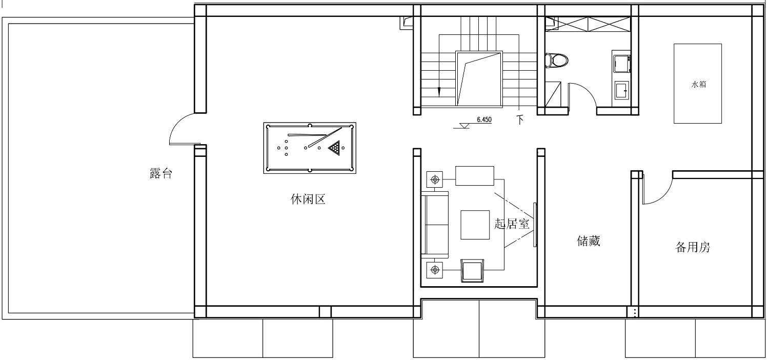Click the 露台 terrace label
coord(160,173)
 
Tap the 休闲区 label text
coord(308,199)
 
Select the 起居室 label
coord(512,224)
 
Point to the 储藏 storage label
coord(589,241)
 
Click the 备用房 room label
coord(693,247)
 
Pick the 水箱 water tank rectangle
coord(698,84)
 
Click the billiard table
coord(310,148)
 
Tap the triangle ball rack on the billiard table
coord(334,148)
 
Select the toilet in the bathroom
coord(556,61)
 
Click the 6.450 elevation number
coord(484,119)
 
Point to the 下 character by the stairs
coord(520,119)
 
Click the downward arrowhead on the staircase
coord(439,92)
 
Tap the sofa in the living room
coord(435,225)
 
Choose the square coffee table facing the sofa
coord(475,225)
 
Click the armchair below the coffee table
coord(472,271)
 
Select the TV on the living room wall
coord(535,225)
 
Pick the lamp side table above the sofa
coord(435,179)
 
